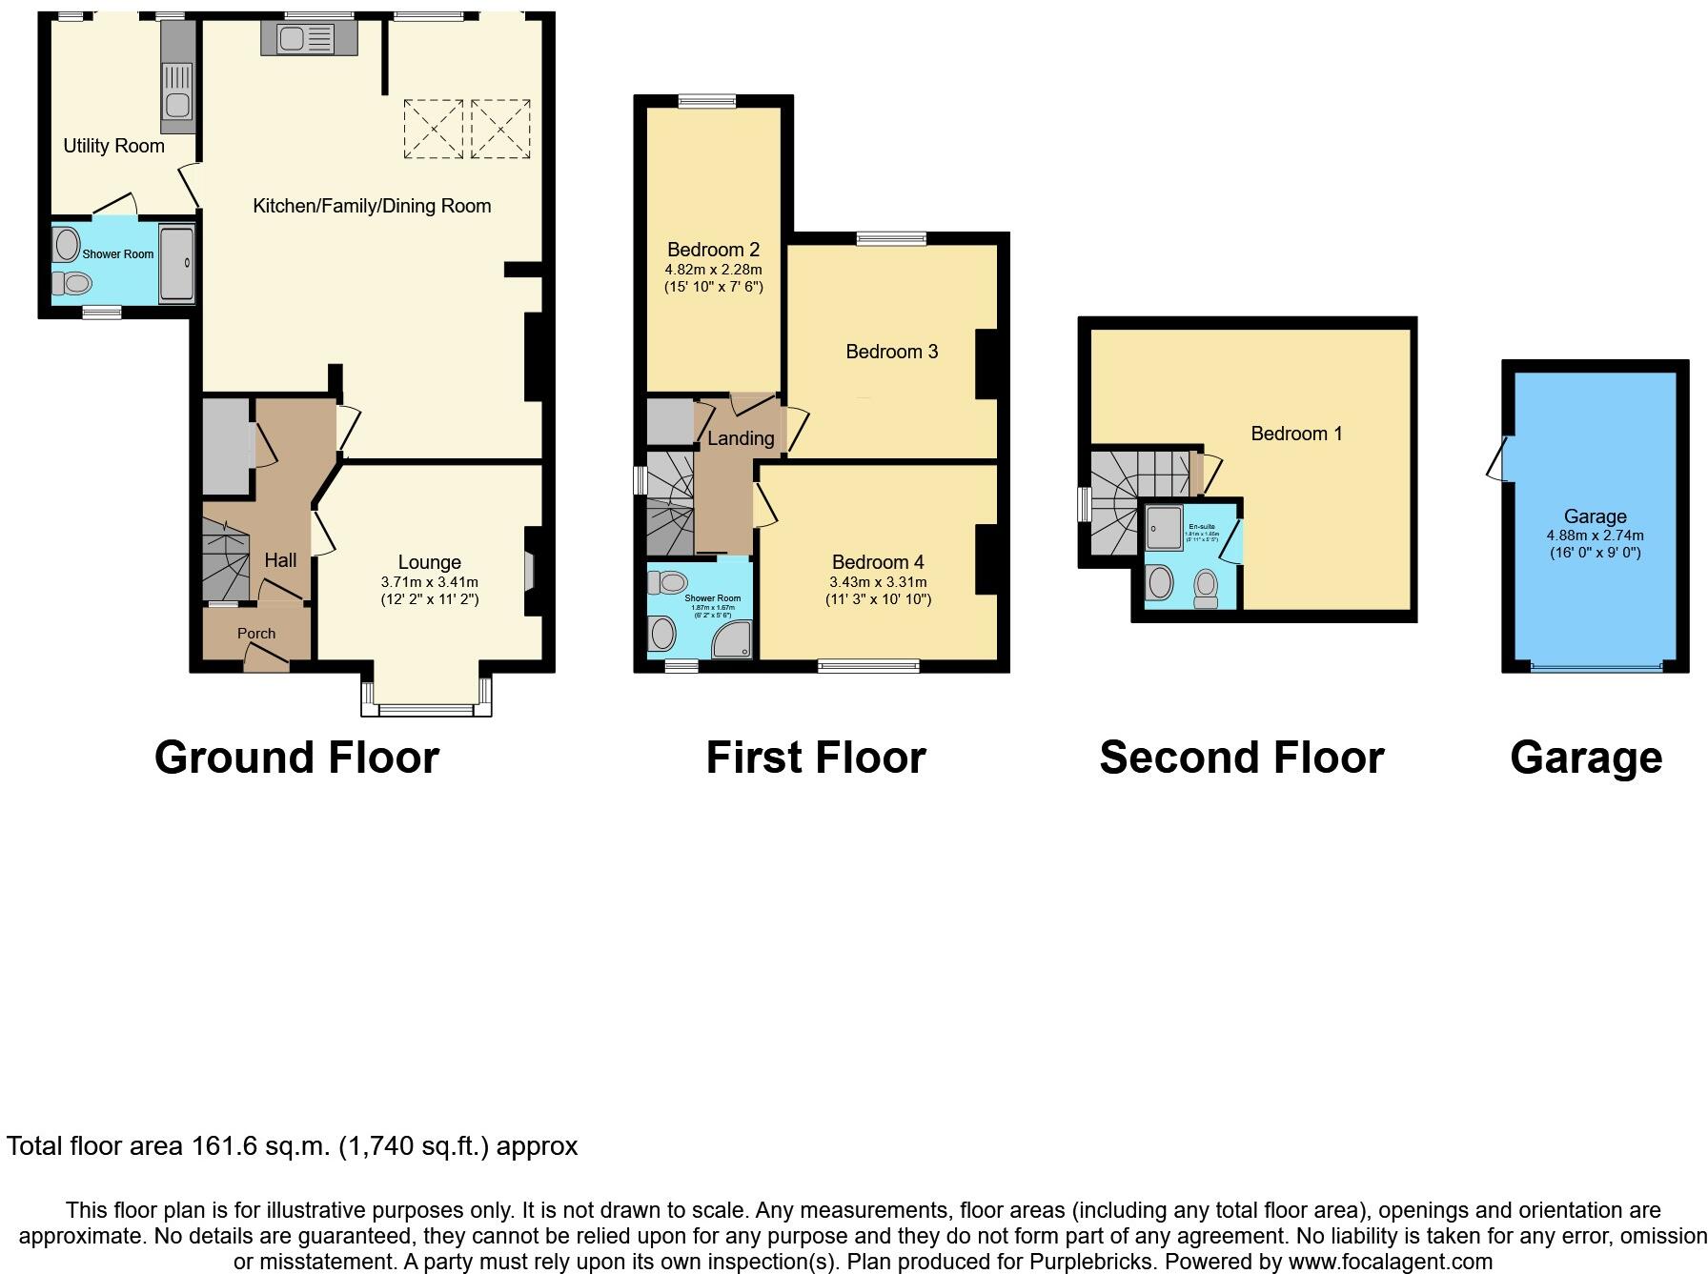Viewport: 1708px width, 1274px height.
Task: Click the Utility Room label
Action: (x=113, y=146)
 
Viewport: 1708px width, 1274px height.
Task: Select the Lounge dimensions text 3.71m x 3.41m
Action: (x=429, y=582)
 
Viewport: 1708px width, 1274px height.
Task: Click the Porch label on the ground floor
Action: (x=255, y=634)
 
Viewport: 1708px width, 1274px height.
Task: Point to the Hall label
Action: (x=280, y=560)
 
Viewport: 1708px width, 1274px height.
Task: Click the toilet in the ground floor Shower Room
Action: (x=71, y=283)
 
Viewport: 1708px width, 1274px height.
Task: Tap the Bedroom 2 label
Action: (x=713, y=250)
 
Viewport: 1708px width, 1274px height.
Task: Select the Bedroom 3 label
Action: (x=891, y=352)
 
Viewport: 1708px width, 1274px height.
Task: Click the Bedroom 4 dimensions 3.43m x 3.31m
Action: (x=878, y=582)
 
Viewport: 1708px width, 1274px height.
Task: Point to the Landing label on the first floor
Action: (x=740, y=438)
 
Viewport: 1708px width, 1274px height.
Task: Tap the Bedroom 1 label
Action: (x=1296, y=434)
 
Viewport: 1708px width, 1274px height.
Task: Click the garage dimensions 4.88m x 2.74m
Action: (x=1595, y=536)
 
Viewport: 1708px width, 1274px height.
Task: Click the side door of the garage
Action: (x=1497, y=458)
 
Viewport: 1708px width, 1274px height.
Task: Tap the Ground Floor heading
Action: (x=296, y=758)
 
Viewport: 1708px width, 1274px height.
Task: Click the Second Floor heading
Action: (x=1241, y=758)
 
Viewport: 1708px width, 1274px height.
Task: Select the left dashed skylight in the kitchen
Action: (x=434, y=129)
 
